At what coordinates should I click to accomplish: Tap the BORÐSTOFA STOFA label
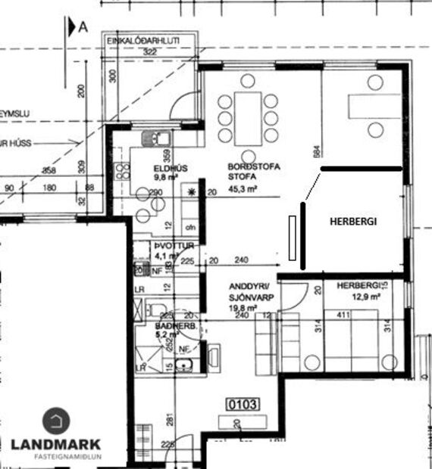pos(249,172)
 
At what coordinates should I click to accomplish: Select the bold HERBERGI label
pos(352,221)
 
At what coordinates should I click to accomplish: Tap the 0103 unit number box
pos(244,405)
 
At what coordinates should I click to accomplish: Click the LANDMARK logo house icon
pos(55,421)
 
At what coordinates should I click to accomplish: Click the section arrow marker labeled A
pos(77,28)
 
